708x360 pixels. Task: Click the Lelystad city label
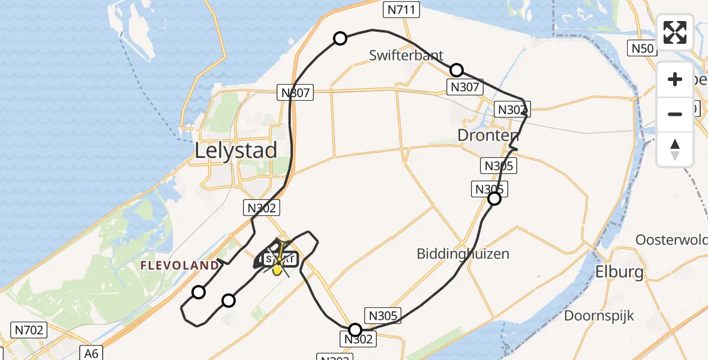[x=236, y=150]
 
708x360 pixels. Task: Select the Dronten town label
[x=488, y=135]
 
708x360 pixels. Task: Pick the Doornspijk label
[x=599, y=316]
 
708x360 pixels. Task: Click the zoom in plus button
[x=675, y=79]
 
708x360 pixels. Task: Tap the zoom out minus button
[x=675, y=114]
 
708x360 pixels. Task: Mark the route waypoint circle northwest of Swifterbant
[x=340, y=38]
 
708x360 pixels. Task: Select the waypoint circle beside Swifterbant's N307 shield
[x=457, y=70]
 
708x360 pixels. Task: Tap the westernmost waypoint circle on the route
[x=198, y=292]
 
